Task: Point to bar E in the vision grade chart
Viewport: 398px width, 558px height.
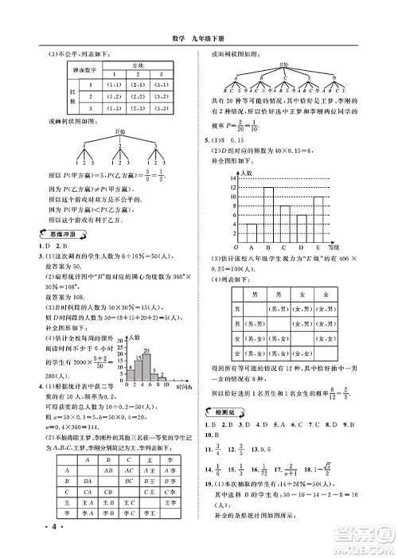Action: coord(318,220)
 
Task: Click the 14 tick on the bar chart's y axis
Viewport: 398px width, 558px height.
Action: coord(233,177)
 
